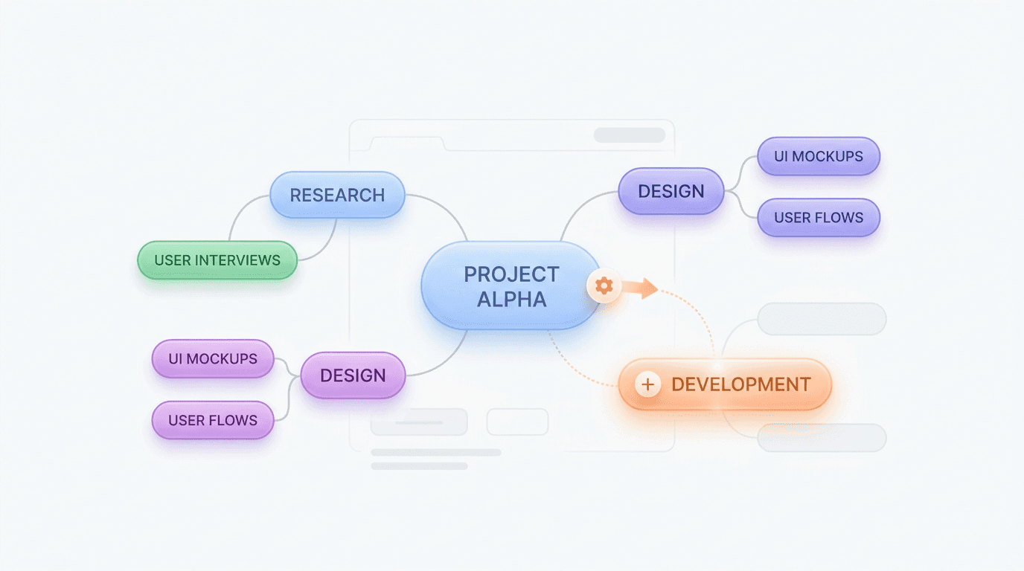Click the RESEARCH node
point(337,196)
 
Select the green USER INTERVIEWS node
point(217,260)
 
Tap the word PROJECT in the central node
point(511,274)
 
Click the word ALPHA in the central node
point(511,300)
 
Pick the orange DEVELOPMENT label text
point(740,384)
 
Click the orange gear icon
point(604,285)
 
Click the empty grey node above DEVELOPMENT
point(822,319)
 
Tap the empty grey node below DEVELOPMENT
point(822,438)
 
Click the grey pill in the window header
point(629,135)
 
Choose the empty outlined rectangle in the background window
point(517,422)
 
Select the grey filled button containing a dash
point(419,422)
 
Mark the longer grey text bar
point(435,452)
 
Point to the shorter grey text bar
point(419,466)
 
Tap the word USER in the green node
point(172,260)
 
